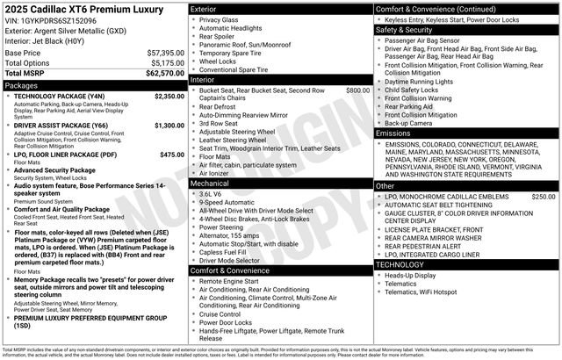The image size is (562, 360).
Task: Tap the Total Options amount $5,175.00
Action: tap(167, 63)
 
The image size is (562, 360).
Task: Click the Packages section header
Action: tap(24, 85)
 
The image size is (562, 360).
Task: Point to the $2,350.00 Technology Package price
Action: tap(169, 96)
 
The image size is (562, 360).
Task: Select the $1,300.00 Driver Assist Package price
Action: tap(169, 126)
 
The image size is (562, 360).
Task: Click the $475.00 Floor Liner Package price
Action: tap(172, 155)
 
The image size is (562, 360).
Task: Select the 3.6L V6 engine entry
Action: tap(211, 194)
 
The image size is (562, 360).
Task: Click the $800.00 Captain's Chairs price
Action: tap(357, 90)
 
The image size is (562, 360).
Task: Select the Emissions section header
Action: tap(395, 133)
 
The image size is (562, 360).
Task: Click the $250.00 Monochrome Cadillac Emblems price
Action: tap(543, 197)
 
